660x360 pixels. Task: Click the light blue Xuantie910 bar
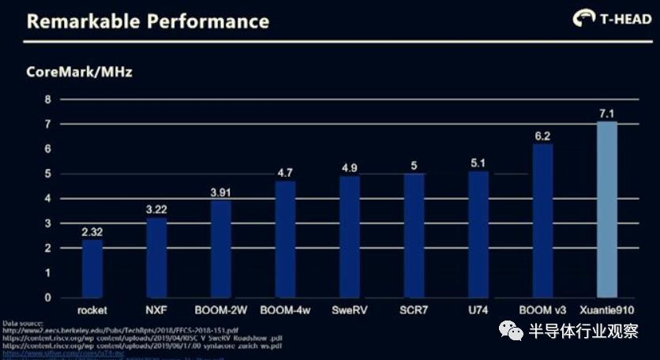click(606, 209)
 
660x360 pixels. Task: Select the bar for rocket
click(93, 268)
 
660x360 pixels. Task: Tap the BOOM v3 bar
click(542, 220)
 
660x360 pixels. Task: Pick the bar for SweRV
click(350, 237)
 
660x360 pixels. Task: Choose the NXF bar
click(157, 257)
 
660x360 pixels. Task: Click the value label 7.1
click(606, 114)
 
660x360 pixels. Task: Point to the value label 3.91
click(221, 192)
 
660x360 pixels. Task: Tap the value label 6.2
click(542, 136)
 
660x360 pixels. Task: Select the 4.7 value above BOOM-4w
click(286, 172)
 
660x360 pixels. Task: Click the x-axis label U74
click(478, 309)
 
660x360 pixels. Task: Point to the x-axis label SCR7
click(414, 309)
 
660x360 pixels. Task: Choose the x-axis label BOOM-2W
click(221, 309)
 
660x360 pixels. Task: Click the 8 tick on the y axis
click(47, 99)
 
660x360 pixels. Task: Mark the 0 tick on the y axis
click(47, 298)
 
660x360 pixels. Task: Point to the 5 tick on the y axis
click(47, 174)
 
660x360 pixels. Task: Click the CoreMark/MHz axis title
click(79, 73)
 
